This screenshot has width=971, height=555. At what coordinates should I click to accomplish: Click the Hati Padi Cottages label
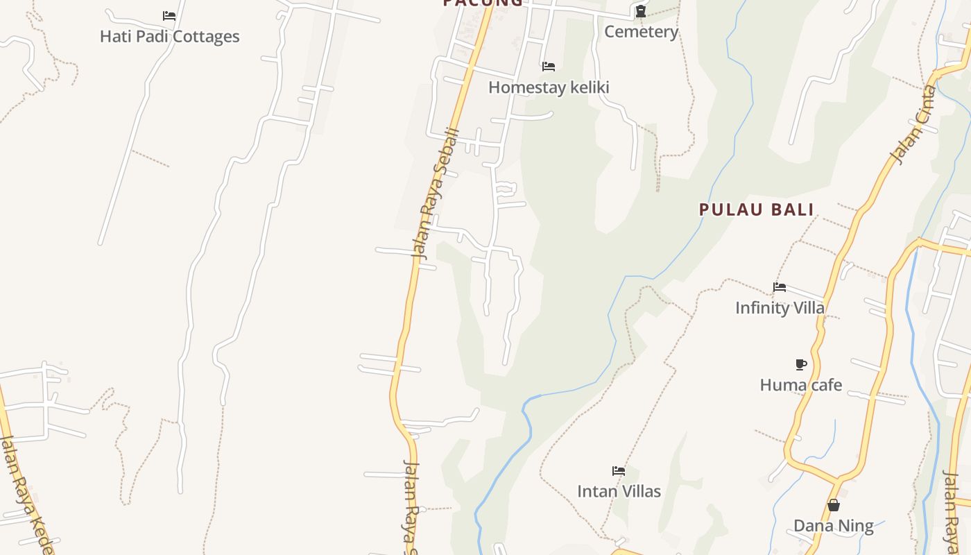click(169, 36)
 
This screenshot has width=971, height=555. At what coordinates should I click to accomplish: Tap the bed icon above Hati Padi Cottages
click(169, 15)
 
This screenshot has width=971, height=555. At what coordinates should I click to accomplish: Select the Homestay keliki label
click(549, 87)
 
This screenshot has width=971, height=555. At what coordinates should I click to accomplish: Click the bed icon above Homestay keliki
click(549, 67)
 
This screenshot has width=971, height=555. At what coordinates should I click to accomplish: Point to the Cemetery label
click(641, 31)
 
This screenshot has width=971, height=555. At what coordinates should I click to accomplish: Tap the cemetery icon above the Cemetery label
click(641, 11)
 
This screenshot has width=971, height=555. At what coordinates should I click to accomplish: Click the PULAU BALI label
click(756, 210)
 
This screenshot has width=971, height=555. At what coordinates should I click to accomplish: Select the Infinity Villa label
click(780, 307)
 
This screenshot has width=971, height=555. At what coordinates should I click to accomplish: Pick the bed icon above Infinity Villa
click(780, 287)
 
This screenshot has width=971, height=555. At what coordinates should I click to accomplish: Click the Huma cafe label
click(801, 384)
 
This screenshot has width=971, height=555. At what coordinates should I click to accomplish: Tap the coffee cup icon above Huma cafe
click(801, 364)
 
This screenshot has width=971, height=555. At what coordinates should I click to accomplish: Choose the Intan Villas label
click(619, 491)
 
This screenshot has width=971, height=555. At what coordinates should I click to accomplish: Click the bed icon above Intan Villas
click(619, 471)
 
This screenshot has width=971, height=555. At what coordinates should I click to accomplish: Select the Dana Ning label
click(833, 525)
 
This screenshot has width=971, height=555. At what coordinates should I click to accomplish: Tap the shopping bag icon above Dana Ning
click(834, 505)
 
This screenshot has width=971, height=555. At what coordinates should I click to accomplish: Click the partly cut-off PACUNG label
click(483, 3)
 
